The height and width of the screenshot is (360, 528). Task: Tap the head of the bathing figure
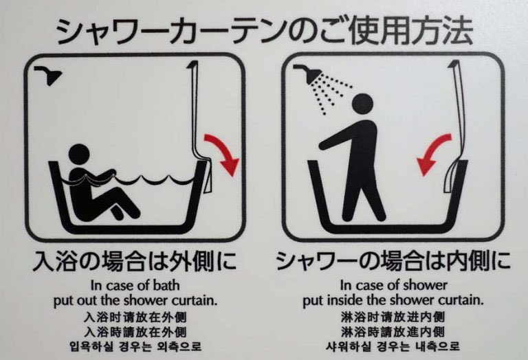80,155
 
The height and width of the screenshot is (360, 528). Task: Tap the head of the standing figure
362,104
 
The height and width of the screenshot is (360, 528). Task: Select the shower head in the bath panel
49,74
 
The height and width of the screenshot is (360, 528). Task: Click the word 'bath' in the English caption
166,285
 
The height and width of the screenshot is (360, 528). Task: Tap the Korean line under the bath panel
135,346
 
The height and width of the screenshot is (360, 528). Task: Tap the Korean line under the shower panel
393,346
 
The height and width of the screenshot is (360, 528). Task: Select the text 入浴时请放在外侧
135,317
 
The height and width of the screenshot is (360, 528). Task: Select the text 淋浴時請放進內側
393,332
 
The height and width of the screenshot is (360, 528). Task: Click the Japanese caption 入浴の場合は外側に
135,261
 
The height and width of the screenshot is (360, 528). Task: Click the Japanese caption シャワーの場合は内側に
393,261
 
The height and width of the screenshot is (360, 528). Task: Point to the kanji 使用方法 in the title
411,31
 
